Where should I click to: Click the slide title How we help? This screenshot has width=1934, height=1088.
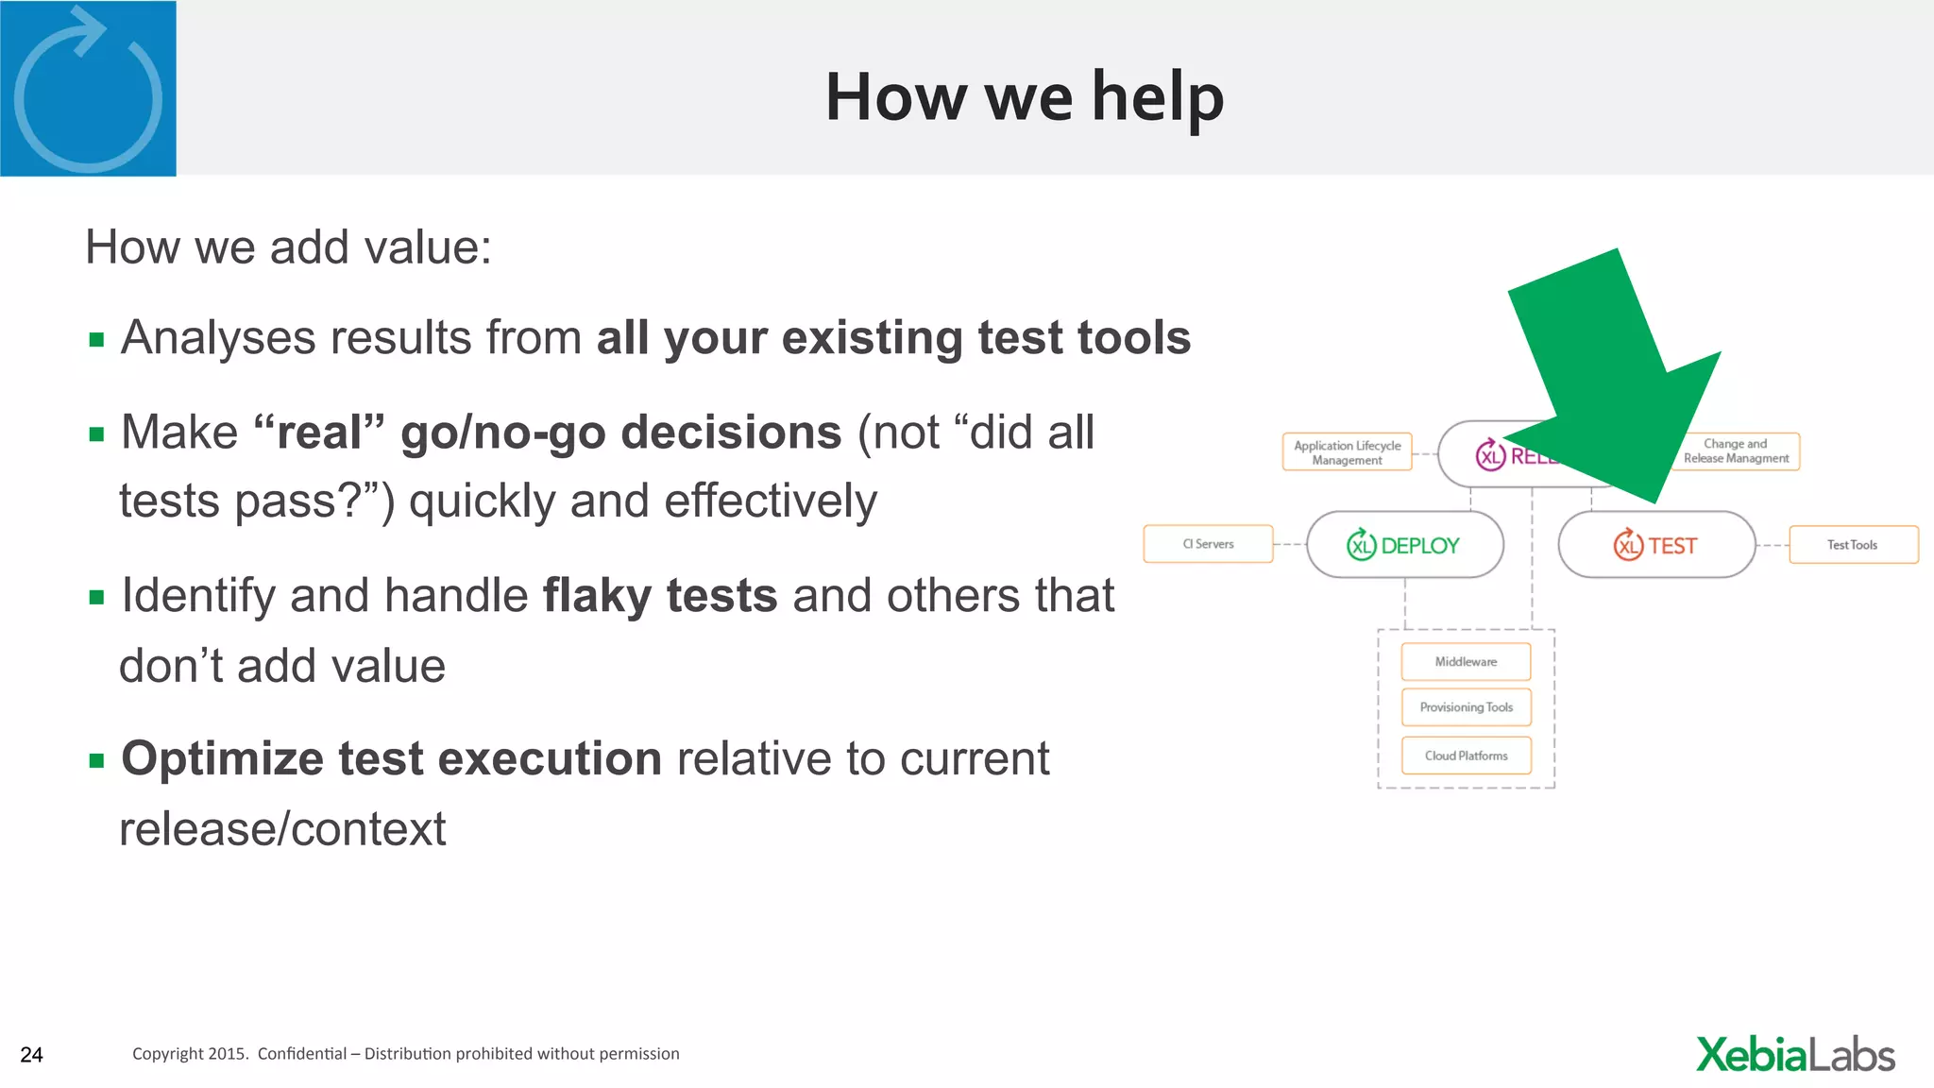[x=1024, y=97]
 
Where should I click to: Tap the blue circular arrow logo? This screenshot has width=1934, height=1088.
[x=88, y=89]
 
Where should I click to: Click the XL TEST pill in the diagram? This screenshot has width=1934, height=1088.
[x=1656, y=545]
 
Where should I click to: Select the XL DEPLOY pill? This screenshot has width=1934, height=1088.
[x=1404, y=545]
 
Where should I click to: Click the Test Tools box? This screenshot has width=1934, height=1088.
[x=1853, y=545]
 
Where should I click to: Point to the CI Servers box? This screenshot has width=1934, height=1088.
[x=1208, y=544]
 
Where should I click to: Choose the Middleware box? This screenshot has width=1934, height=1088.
[x=1466, y=662]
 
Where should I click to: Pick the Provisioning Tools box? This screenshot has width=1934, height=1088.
[x=1466, y=707]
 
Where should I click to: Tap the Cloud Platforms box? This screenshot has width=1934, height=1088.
[x=1466, y=756]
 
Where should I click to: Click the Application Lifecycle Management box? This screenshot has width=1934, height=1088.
[x=1347, y=452]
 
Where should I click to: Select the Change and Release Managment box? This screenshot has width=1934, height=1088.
[x=1738, y=451]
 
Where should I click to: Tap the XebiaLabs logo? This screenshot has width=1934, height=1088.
[x=1795, y=1055]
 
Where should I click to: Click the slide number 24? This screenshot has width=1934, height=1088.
[x=31, y=1055]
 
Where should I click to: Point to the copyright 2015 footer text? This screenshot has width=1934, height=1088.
[x=405, y=1054]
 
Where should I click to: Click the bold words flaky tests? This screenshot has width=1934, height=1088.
[x=660, y=596]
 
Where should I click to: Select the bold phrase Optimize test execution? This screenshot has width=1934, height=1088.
[x=392, y=759]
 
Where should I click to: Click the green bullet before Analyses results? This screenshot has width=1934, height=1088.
[x=96, y=340]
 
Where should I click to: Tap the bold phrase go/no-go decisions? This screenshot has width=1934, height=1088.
[x=620, y=433]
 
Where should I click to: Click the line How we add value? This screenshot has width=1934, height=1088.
[x=288, y=247]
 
